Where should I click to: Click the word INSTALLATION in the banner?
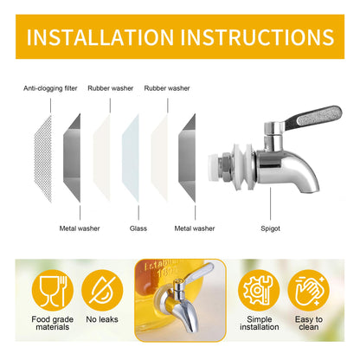(100, 37)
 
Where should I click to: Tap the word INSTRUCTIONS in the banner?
(257, 37)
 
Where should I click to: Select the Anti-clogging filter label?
(50, 88)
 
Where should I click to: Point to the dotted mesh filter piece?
(43, 158)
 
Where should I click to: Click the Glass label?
(138, 228)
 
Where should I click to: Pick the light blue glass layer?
(131, 158)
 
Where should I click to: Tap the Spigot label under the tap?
(270, 228)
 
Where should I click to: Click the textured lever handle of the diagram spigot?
(313, 117)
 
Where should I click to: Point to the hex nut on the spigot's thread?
(224, 168)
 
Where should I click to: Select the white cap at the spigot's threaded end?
(214, 168)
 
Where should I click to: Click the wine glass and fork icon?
(53, 291)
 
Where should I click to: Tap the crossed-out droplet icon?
(102, 291)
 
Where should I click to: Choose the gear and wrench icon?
(259, 291)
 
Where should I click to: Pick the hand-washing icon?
(308, 291)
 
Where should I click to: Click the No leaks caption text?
(102, 319)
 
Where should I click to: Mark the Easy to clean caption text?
(309, 323)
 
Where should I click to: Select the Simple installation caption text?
(260, 323)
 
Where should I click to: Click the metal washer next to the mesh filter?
(72, 158)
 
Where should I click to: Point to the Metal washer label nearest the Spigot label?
(195, 228)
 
